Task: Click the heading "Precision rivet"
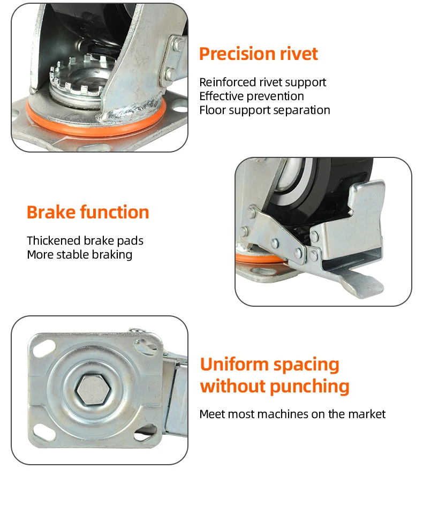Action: click(258, 54)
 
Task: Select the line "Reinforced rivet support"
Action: click(262, 82)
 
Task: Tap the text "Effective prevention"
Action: click(251, 96)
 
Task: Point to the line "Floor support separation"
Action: click(265, 110)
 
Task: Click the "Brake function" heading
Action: click(88, 213)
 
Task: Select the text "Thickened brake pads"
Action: click(85, 241)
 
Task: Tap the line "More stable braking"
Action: click(79, 255)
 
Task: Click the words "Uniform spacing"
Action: click(269, 365)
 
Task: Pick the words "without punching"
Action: click(274, 386)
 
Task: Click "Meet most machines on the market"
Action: click(292, 414)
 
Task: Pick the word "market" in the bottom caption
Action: click(368, 414)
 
